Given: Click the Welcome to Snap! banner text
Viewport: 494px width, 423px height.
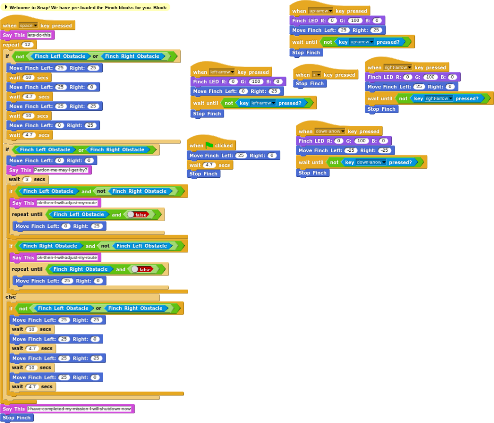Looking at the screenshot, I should coord(87,8).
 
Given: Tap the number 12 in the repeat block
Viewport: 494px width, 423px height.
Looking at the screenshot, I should coord(28,45).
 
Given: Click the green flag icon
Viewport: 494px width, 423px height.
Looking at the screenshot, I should coord(209,145).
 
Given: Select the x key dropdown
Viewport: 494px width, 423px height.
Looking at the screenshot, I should coord(316,75).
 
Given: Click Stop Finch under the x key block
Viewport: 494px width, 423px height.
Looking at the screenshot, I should coord(309,83).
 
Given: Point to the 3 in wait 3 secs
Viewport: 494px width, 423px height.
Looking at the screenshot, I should coord(27,179).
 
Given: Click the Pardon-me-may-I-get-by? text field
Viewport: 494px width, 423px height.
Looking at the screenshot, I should coord(61,170).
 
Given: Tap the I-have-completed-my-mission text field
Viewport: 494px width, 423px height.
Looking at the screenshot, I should coord(79,409).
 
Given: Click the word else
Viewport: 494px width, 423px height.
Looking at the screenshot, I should coord(11,297).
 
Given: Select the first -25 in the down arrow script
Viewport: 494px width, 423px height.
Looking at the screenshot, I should coord(350,150).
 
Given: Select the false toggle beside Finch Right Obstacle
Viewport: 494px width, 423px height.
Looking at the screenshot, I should coord(141,270).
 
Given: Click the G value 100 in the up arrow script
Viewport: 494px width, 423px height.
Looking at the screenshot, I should coord(355,20).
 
